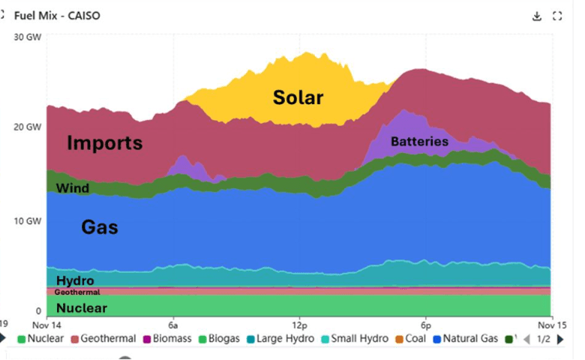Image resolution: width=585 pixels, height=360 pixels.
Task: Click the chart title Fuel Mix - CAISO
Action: click(57, 16)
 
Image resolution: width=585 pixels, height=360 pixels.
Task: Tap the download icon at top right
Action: click(537, 16)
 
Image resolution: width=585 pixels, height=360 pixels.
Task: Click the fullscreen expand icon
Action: click(557, 16)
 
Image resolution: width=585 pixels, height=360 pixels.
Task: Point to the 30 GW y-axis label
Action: click(28, 37)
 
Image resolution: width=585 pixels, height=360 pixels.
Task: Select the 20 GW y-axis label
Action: click(28, 127)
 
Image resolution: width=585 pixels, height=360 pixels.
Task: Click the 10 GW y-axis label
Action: click(28, 221)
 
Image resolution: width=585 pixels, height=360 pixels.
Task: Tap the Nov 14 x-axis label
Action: click(46, 325)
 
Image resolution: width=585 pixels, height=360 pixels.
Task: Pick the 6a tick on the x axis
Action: click(173, 325)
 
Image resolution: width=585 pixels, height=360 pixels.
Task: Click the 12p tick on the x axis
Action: click(299, 325)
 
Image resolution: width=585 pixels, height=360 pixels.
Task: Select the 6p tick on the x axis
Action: click(425, 325)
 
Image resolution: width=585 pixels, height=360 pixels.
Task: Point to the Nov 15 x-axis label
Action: click(552, 325)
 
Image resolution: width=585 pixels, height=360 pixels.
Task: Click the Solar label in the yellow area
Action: click(298, 97)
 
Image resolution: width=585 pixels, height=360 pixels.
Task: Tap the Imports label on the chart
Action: click(104, 142)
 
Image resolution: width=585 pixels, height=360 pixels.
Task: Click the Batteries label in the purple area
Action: click(419, 141)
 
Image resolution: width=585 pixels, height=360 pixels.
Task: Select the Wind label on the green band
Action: click(73, 188)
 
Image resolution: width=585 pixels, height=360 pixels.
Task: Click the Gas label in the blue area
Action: click(99, 227)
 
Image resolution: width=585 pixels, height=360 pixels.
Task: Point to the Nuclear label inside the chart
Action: click(82, 307)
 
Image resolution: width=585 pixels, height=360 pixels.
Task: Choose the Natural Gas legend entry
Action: click(465, 339)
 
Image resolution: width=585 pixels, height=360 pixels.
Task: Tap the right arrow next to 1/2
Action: click(560, 339)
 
